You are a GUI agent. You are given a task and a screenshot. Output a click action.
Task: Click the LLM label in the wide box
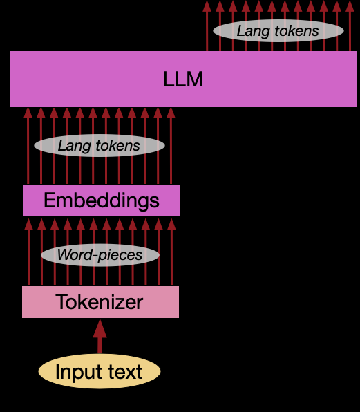click(x=183, y=79)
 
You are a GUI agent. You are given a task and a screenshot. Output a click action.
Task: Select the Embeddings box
click(x=102, y=200)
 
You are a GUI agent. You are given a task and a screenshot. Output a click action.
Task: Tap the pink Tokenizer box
click(x=100, y=302)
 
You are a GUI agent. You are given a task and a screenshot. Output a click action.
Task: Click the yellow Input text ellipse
click(x=100, y=371)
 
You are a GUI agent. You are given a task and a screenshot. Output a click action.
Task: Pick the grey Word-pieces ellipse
click(x=100, y=255)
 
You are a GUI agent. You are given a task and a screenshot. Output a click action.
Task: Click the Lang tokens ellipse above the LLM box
click(x=278, y=30)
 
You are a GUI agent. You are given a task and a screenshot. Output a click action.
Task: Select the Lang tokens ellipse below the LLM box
click(x=99, y=145)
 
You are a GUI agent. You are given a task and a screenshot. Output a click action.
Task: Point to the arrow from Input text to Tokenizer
click(x=100, y=339)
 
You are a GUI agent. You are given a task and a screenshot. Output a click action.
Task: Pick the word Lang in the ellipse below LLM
click(x=72, y=145)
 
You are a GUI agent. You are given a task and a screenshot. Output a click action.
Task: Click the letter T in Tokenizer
click(x=61, y=302)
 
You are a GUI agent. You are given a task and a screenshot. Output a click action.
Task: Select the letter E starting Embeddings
click(x=49, y=200)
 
